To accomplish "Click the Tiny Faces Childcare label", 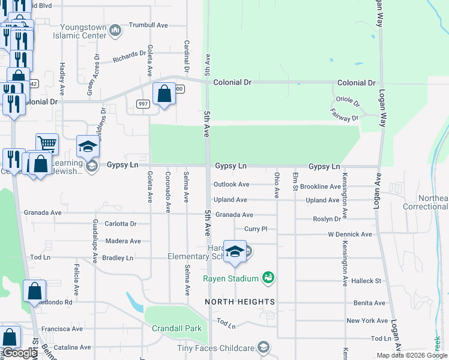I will click(x=215, y=348).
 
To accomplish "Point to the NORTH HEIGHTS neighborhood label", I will click(x=240, y=301).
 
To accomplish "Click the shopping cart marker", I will click(x=47, y=143).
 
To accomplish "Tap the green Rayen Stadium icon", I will click(x=268, y=278).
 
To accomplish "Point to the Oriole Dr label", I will click(x=348, y=103).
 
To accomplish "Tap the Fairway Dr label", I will click(x=344, y=115).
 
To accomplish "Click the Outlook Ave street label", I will click(x=231, y=185).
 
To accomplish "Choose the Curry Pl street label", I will click(x=255, y=229).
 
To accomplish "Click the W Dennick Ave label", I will click(x=349, y=235).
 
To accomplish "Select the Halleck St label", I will click(x=366, y=281).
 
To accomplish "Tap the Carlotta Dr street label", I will click(x=121, y=224).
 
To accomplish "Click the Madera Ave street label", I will click(x=122, y=241).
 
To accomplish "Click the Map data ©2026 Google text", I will click(x=411, y=355).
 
